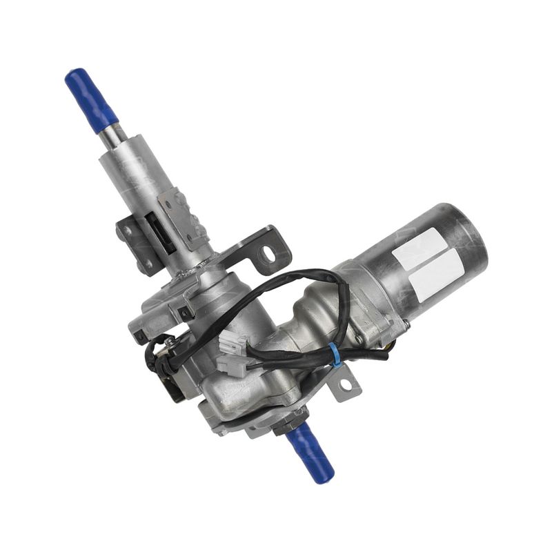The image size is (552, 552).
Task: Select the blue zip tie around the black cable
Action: coord(334,353)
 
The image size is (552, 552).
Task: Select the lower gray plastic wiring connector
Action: coord(237,365)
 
